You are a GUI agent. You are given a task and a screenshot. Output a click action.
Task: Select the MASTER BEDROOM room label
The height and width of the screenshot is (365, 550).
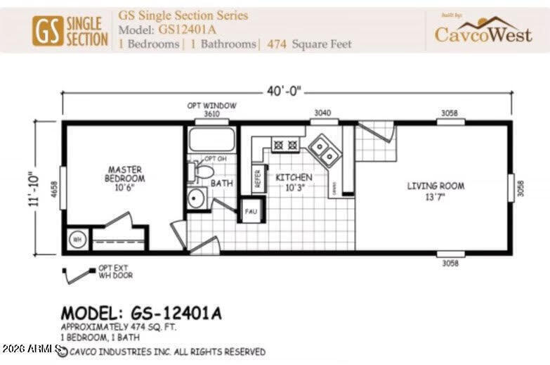click(125, 174)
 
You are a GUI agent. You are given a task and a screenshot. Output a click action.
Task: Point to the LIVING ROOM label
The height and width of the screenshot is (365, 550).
click(436, 190)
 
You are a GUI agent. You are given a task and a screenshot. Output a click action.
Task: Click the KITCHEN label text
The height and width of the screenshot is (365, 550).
click(294, 182)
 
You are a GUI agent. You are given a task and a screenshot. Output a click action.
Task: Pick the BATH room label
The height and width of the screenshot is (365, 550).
click(222, 184)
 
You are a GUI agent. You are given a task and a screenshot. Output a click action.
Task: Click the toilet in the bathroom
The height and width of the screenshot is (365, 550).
click(202, 171)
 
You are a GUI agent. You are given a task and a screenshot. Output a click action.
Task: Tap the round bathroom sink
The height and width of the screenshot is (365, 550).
click(196, 198)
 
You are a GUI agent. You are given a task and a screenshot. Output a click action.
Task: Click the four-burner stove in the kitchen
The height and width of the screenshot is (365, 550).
click(286, 144)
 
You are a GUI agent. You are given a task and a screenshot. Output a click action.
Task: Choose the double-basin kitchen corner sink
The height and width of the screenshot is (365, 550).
click(324, 148)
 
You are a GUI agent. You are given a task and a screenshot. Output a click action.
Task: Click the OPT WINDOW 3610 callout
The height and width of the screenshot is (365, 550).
click(211, 109)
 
